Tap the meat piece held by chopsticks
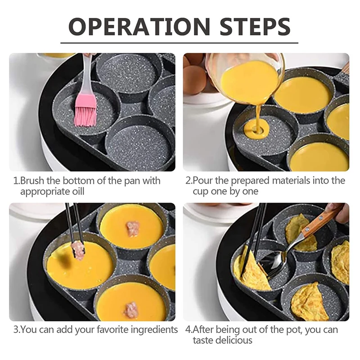tap(78, 252)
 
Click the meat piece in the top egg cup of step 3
tap(133, 229)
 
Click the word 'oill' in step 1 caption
tap(78, 191)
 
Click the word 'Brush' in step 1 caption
tap(32, 181)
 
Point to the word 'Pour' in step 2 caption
tap(202, 181)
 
